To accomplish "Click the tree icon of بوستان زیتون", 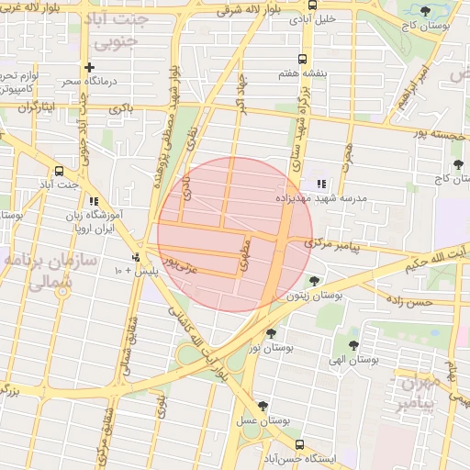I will pyautogui.click(x=315, y=281).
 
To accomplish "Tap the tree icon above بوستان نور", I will pyautogui.click(x=271, y=334).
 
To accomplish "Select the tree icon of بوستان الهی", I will pyautogui.click(x=354, y=345).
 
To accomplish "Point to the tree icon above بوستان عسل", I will pyautogui.click(x=263, y=405).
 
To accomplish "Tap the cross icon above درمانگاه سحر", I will pyautogui.click(x=89, y=67).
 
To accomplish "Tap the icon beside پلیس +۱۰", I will pyautogui.click(x=136, y=257).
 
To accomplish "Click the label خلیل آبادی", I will pyautogui.click(x=314, y=18).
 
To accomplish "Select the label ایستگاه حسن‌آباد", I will pyautogui.click(x=307, y=456).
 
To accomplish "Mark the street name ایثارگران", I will pyautogui.click(x=39, y=107).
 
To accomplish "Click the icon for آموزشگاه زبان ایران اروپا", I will pyautogui.click(x=94, y=202).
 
